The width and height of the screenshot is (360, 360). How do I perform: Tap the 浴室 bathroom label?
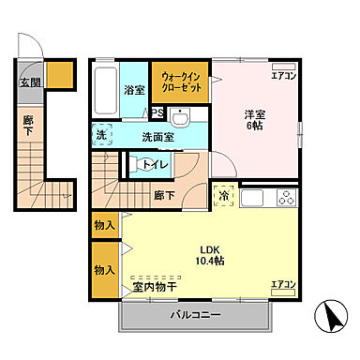[x=133, y=90]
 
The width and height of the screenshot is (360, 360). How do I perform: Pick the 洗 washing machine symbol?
[x=100, y=136]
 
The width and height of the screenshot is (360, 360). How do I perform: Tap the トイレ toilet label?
[x=156, y=167]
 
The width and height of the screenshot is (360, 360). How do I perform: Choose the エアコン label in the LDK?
[x=282, y=283]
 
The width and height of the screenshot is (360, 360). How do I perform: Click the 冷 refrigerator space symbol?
[x=225, y=196]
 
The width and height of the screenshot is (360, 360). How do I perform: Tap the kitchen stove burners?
[x=284, y=198]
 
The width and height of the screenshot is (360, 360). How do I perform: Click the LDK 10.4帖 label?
[x=210, y=256]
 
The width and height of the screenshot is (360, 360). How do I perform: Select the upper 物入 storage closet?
[x=104, y=225]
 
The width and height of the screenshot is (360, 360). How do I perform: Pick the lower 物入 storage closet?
[x=104, y=269]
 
